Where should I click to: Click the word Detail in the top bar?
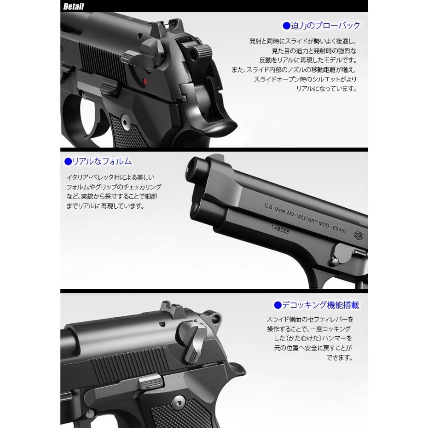[73, 7]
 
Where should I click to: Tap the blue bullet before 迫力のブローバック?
[286, 26]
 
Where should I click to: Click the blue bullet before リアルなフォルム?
[67, 162]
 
